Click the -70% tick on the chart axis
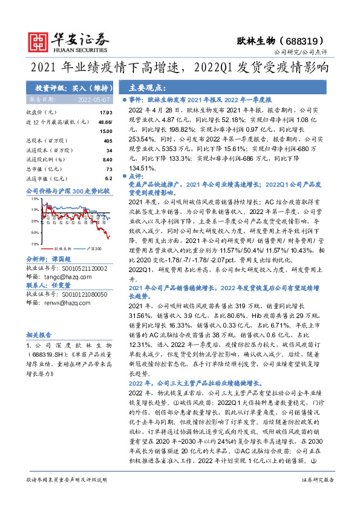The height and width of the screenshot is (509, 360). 36,243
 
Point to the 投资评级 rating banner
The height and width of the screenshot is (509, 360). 67,87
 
